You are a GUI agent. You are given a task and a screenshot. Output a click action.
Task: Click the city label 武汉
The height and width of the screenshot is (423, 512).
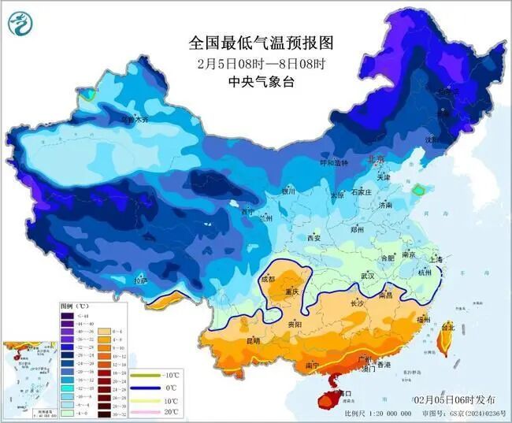[367, 276]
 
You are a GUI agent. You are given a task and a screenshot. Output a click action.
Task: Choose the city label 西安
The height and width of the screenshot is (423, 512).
[314, 238]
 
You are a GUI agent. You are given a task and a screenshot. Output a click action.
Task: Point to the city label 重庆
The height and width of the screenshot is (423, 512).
[293, 291]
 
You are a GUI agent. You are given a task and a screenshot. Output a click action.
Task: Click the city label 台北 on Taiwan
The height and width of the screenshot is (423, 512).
[447, 327]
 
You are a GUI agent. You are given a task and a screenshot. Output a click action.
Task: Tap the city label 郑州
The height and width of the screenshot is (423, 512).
[357, 229]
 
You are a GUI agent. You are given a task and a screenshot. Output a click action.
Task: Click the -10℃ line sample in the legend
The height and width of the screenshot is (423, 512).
[143, 375]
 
